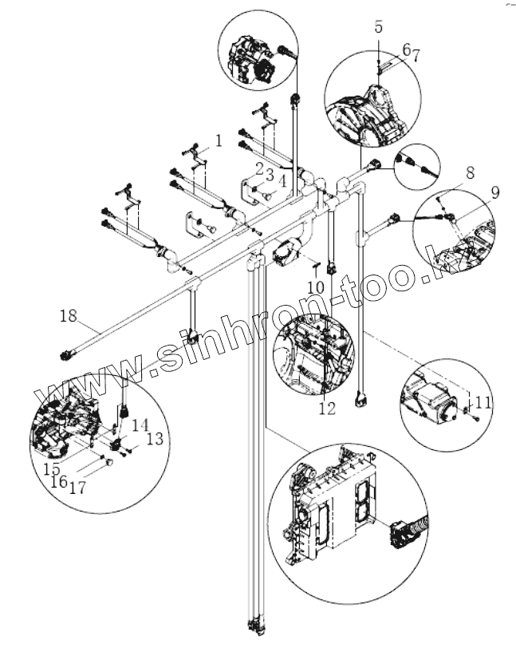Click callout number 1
217,142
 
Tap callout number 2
260,166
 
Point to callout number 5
379,26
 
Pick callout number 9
495,192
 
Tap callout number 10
315,286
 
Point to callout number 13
155,437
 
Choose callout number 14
140,425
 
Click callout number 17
78,486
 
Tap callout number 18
68,317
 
